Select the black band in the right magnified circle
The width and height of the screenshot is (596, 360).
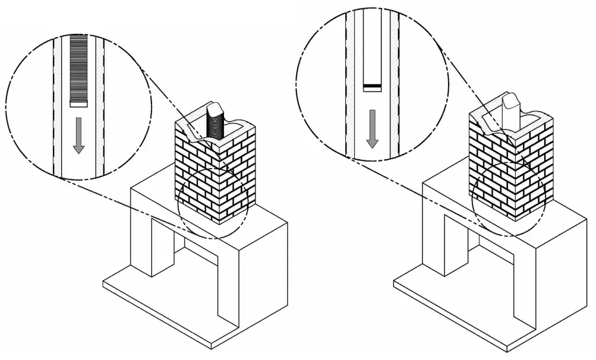pos(372,87)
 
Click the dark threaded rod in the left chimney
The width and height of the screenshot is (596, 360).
pos(212,126)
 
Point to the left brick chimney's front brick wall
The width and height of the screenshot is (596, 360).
pos(196,172)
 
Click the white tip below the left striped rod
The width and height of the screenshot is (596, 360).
pos(78,103)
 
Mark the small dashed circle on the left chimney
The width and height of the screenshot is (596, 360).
pos(213,203)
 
